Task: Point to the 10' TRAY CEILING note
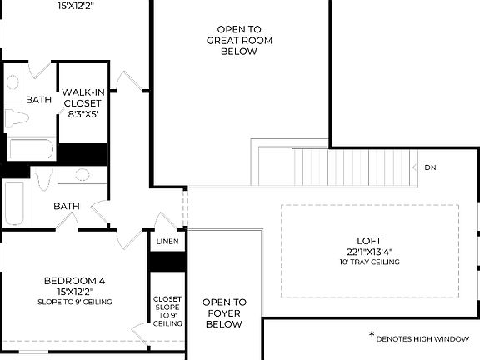tap(368, 262)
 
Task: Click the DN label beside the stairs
tap(430, 167)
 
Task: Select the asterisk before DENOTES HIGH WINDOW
tap(372, 335)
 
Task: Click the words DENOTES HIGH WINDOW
tap(422, 339)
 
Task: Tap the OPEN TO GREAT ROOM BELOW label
tap(239, 39)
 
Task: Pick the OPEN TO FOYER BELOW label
tap(224, 312)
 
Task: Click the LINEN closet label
tap(167, 241)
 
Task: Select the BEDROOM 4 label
tap(74, 281)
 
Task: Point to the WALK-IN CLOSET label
tap(82, 98)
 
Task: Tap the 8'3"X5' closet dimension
tap(82, 115)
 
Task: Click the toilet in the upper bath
tap(17, 116)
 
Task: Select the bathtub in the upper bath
tap(32, 150)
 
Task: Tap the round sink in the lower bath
tap(82, 175)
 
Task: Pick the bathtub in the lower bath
tap(14, 203)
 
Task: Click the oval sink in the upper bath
tap(13, 83)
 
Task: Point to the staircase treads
tap(333, 167)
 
